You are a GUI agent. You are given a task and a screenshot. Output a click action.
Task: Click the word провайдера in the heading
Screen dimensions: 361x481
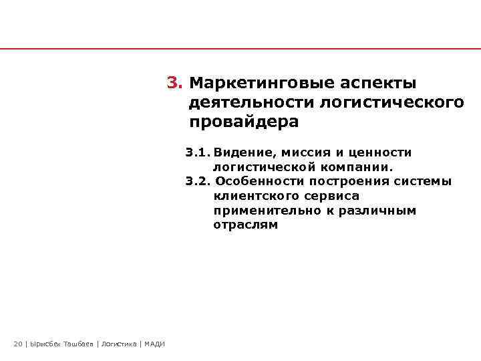pos(244,123)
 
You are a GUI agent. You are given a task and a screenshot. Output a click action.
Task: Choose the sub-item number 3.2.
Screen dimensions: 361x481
pos(198,182)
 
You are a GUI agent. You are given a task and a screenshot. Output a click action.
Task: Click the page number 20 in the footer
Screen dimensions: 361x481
pos(17,344)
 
